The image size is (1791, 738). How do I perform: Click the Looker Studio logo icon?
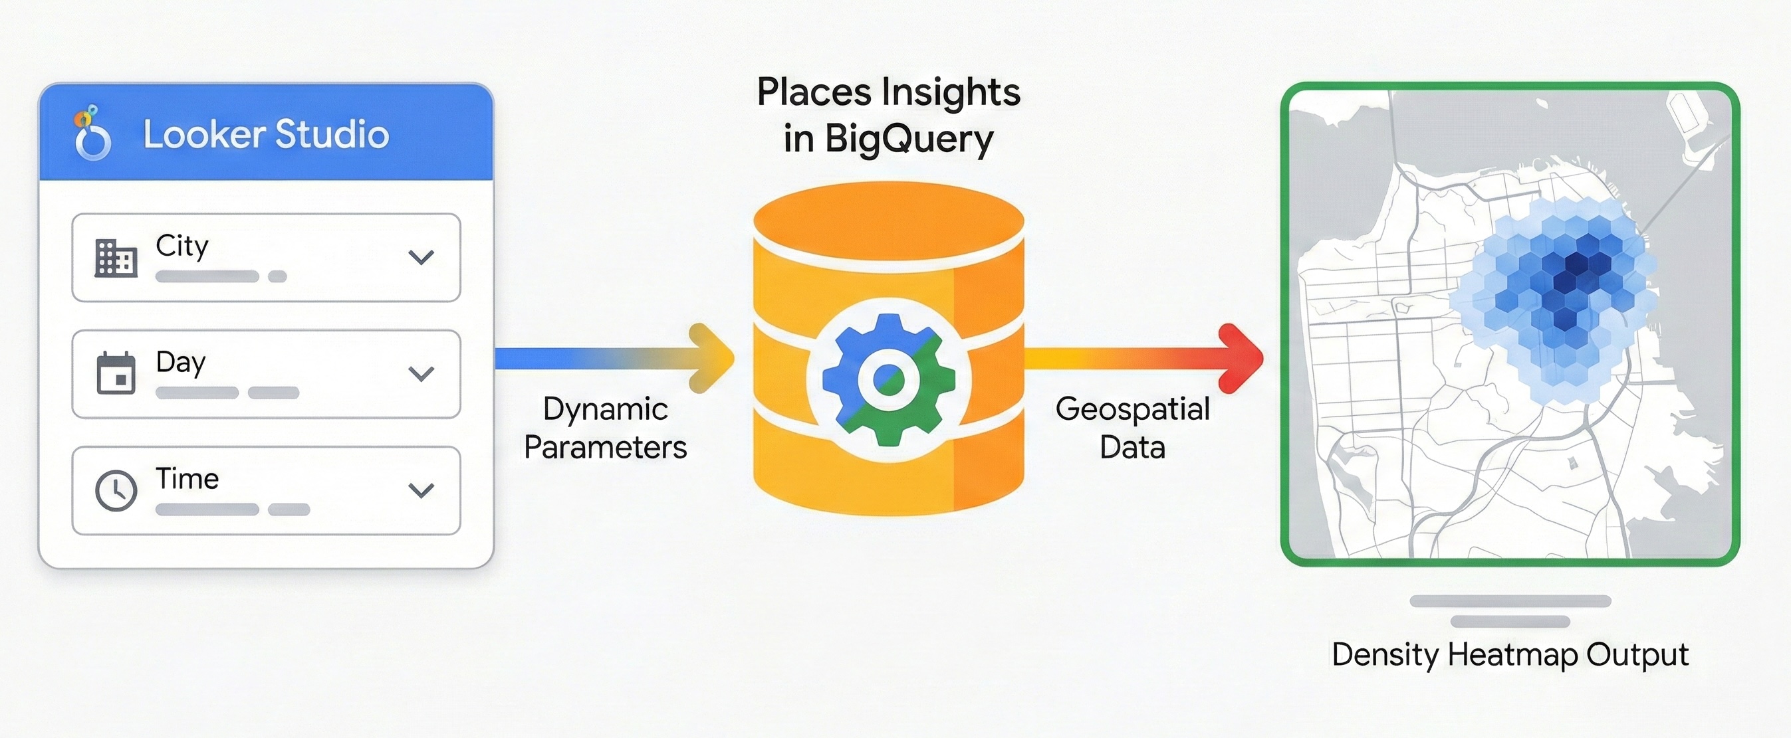92,134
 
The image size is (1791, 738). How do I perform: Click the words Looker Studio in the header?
265,134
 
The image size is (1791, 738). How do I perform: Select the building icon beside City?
116,258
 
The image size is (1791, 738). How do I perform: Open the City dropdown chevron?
421,258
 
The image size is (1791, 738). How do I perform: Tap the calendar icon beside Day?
116,374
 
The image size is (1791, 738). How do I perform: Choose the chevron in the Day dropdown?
421,374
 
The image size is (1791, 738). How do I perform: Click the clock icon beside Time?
116,491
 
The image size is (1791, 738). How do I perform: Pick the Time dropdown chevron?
421,491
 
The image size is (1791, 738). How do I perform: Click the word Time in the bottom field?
187,479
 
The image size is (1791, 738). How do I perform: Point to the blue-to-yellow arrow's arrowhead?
713,359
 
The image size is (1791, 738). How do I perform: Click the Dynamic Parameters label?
605,428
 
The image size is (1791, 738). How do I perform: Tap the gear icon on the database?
889,379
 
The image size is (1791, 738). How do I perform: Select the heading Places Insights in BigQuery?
889,116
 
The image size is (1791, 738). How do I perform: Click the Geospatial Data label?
1132,428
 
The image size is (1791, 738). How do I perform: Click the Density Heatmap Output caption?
1510,654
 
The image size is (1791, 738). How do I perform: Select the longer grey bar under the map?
1510,601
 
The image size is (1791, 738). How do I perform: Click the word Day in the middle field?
181,362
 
